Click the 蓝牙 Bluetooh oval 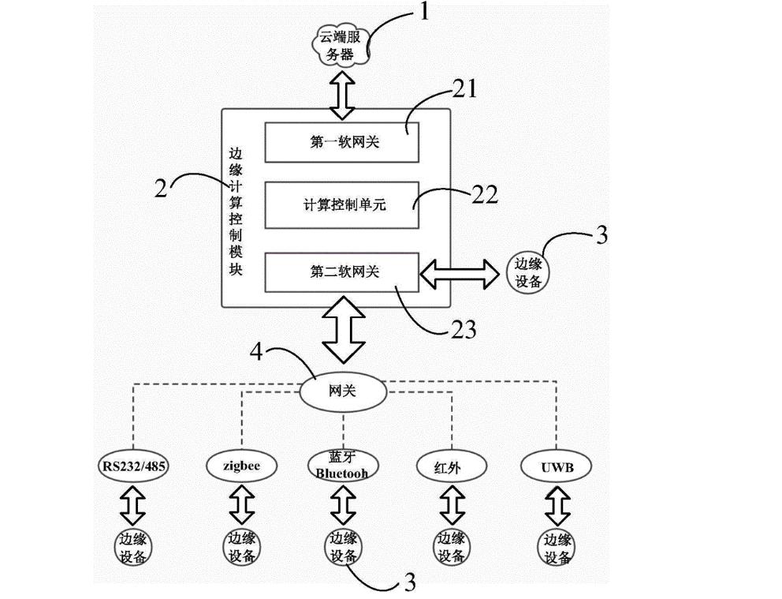[342, 466]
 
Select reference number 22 [484, 194]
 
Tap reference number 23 [464, 328]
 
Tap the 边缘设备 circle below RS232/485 [132, 548]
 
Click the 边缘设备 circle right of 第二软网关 [527, 272]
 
